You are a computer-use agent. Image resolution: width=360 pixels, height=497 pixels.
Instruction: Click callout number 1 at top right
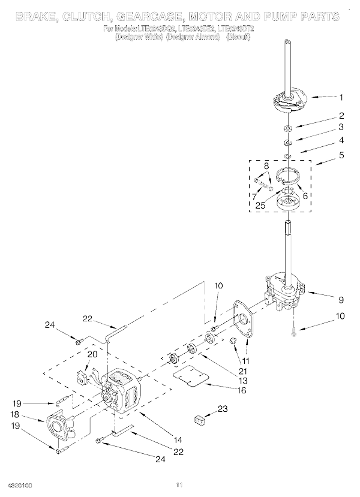(x=341, y=97)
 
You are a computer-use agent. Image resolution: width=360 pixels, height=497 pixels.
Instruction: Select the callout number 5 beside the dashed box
(x=341, y=161)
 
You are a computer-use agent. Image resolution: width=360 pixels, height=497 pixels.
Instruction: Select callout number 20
(x=92, y=354)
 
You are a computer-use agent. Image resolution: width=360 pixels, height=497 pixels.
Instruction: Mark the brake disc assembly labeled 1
(x=291, y=100)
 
